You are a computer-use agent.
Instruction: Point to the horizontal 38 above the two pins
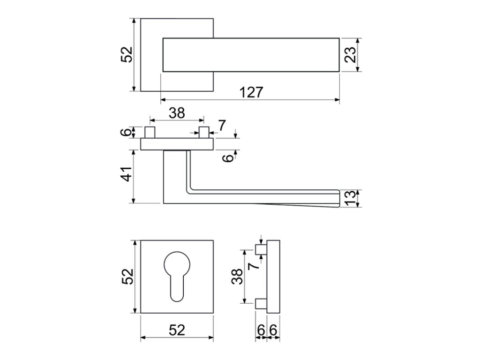click(x=177, y=112)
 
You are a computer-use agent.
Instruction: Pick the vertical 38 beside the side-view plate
click(x=238, y=277)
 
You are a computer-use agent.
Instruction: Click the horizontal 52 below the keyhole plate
click(x=177, y=330)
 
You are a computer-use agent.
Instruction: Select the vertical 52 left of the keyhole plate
click(x=127, y=277)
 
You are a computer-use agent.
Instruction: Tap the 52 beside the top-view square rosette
click(x=127, y=55)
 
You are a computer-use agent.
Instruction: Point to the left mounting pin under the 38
click(x=150, y=133)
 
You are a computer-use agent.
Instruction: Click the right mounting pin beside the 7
click(x=203, y=133)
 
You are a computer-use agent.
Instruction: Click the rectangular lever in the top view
click(x=251, y=55)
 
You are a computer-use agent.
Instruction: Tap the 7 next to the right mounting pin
click(x=222, y=125)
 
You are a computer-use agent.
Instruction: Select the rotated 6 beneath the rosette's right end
click(x=228, y=158)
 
